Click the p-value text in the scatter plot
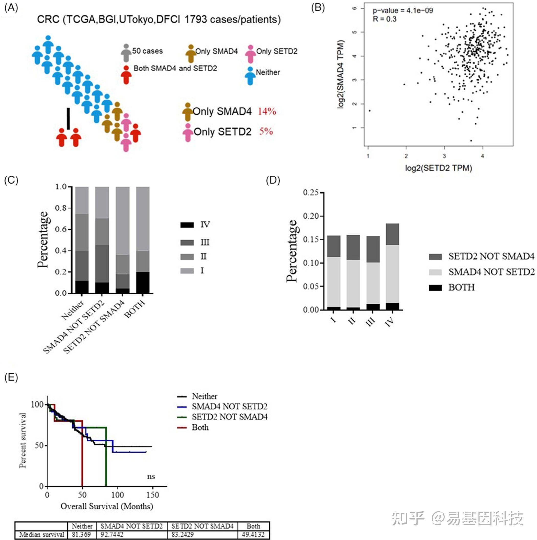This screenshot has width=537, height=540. click(402, 11)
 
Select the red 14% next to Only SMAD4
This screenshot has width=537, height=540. click(267, 111)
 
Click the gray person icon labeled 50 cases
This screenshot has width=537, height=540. click(126, 53)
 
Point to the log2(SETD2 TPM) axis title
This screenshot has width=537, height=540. click(439, 168)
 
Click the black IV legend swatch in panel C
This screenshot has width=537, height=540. click(187, 225)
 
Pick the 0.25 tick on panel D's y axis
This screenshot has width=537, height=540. click(310, 193)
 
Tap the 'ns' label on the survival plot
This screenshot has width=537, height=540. click(151, 476)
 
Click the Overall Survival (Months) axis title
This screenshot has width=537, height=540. click(107, 506)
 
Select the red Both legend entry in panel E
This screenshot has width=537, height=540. click(200, 427)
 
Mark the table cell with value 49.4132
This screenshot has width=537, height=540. click(253, 534)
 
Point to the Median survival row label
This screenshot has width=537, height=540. click(42, 534)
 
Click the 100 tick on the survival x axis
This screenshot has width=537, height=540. click(117, 495)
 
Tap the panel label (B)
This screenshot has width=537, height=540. click(318, 8)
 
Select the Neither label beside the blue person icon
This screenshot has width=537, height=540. click(268, 73)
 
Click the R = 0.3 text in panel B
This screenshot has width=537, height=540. click(384, 19)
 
